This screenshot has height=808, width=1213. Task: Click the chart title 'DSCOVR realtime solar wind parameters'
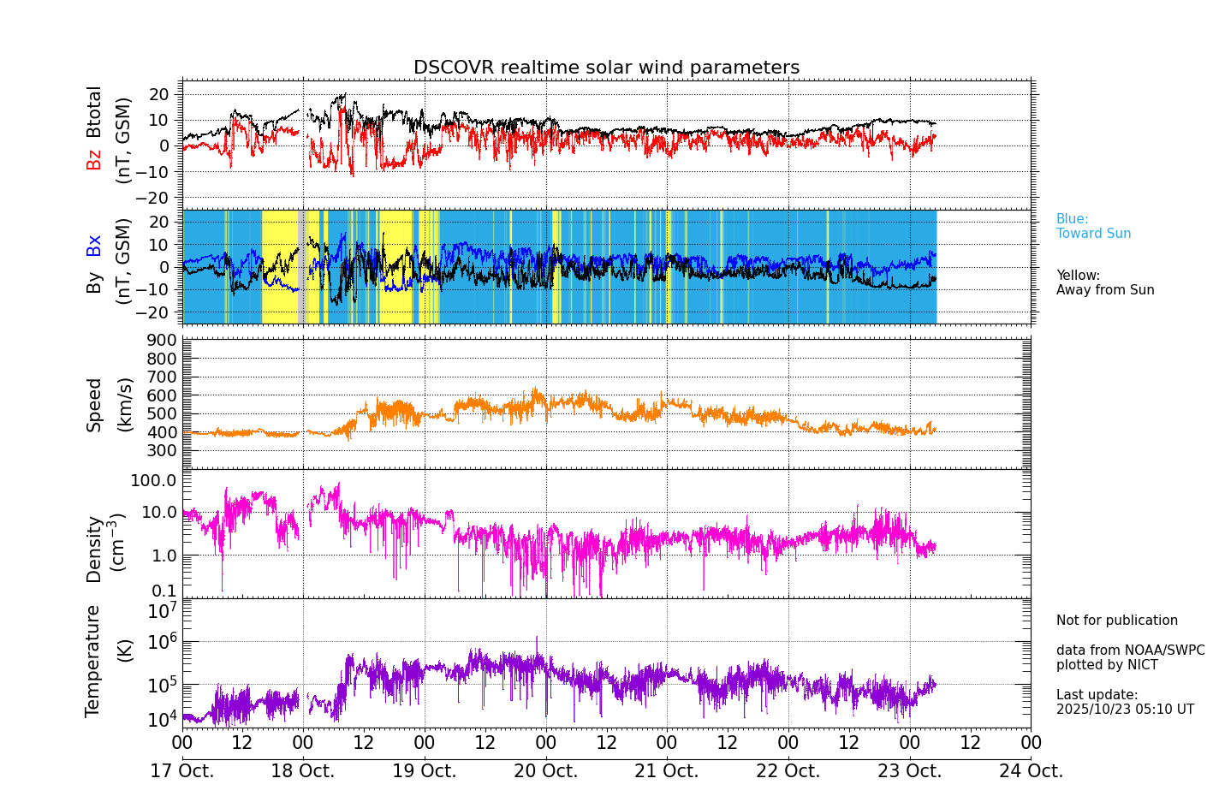click(606, 68)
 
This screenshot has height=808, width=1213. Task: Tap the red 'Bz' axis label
click(94, 159)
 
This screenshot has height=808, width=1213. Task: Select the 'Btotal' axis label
click(94, 111)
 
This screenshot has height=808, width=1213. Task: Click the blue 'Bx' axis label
click(94, 246)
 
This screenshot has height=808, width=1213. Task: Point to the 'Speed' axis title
click(94, 405)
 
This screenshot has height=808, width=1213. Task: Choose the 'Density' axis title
click(94, 549)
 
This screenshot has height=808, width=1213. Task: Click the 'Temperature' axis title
click(93, 660)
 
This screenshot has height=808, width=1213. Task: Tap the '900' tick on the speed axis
click(163, 341)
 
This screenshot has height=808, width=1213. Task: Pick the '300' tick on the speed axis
click(163, 451)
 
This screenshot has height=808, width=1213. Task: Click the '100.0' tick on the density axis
click(153, 480)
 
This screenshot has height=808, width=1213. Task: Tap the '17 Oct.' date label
click(182, 771)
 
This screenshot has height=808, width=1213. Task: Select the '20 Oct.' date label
click(545, 771)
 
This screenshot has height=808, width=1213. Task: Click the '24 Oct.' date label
click(1031, 771)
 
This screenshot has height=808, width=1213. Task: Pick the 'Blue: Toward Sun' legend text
click(1093, 227)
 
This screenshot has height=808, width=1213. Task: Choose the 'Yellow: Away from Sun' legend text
click(1105, 283)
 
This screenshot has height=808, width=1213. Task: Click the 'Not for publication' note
click(1116, 621)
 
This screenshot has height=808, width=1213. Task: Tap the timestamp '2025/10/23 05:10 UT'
click(1125, 710)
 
